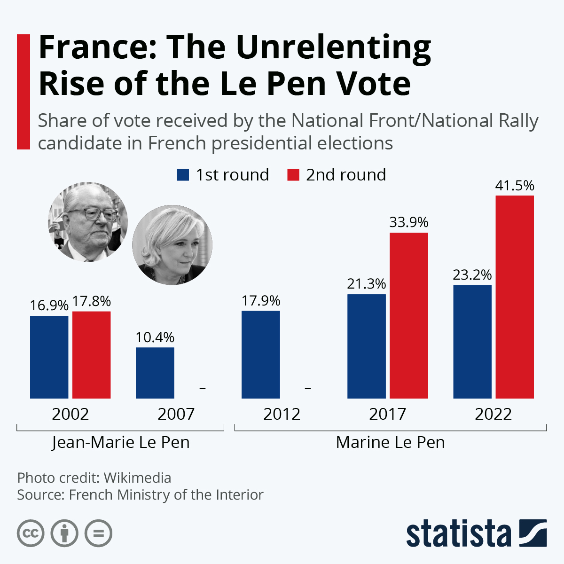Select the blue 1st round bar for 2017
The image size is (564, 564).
366,346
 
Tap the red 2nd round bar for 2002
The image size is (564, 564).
91,355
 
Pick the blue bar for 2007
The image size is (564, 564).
155,373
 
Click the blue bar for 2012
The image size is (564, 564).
260,354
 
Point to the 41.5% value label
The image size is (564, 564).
515,186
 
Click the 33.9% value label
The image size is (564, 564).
408,222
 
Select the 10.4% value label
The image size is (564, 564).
155,337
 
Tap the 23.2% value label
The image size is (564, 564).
472,275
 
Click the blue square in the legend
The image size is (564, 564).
183,175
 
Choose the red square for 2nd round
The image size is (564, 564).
293,175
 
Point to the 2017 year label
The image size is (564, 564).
387,414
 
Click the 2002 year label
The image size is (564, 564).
70,414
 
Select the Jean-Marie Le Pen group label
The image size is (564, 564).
120,443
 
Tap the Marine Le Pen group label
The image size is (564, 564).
390,443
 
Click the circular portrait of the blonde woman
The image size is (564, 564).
172,245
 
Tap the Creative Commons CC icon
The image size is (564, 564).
31,533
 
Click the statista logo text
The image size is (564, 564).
458,533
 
